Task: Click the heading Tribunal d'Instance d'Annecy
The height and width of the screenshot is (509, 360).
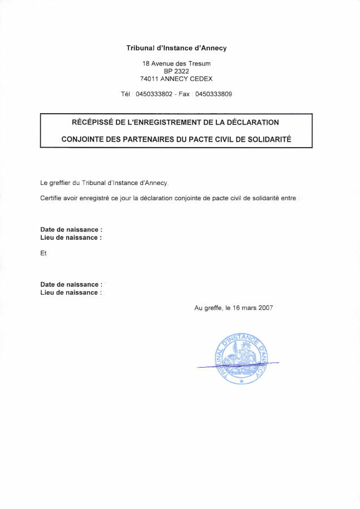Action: click(177, 48)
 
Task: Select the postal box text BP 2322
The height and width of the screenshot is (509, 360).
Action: click(177, 71)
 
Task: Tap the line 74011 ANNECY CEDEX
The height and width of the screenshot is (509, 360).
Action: click(177, 79)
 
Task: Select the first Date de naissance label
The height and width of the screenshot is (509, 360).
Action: click(71, 230)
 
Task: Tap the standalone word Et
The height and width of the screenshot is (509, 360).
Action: click(44, 253)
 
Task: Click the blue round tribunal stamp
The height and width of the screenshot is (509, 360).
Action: click(242, 359)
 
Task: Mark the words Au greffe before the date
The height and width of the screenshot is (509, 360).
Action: click(208, 308)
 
